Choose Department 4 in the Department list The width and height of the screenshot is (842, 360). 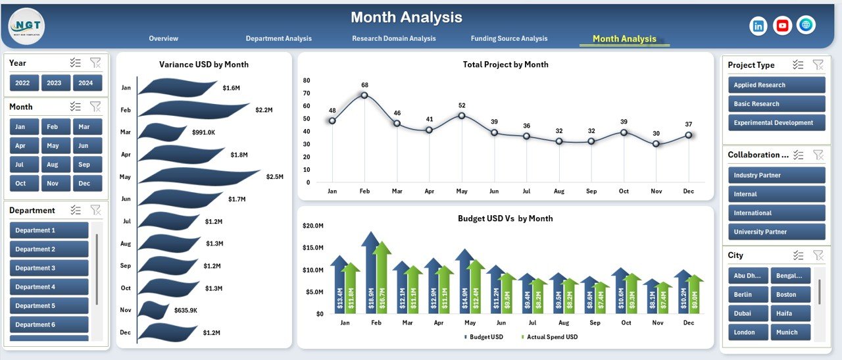pyautogui.click(x=49, y=287)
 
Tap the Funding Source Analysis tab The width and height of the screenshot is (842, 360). pyautogui.click(x=508, y=39)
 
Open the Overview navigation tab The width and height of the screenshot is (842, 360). pyautogui.click(x=163, y=39)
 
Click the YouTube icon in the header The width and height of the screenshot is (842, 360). pyautogui.click(x=782, y=26)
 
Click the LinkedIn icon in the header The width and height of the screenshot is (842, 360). pyautogui.click(x=758, y=26)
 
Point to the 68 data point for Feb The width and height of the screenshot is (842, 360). pyautogui.click(x=364, y=95)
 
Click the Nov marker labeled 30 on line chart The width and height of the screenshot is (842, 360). pyautogui.click(x=656, y=143)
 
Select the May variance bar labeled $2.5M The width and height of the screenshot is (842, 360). pyautogui.click(x=197, y=176)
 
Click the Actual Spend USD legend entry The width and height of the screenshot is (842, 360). pyautogui.click(x=551, y=337)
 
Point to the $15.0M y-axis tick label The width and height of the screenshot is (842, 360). pyautogui.click(x=312, y=248)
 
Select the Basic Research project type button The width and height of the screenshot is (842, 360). pyautogui.click(x=776, y=104)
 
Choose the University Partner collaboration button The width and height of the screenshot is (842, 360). pyautogui.click(x=776, y=232)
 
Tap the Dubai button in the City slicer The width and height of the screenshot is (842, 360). pyautogui.click(x=748, y=313)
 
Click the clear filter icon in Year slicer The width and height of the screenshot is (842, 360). pyautogui.click(x=95, y=63)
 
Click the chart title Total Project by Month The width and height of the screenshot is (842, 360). pyautogui.click(x=505, y=64)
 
